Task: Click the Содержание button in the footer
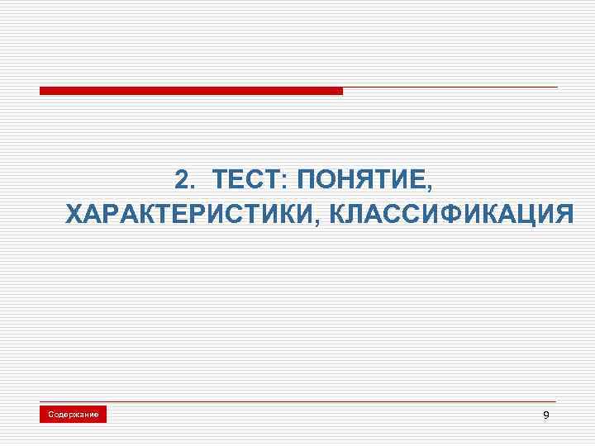[x=74, y=414]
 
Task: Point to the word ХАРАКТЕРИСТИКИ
[x=188, y=214]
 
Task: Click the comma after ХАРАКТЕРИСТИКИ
[x=317, y=221]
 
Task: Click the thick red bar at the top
[x=191, y=91]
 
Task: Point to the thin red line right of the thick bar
[x=450, y=88]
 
